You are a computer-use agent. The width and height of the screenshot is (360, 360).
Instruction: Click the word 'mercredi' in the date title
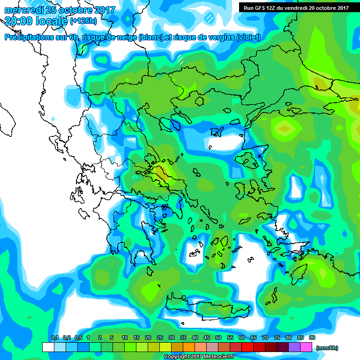(23, 9)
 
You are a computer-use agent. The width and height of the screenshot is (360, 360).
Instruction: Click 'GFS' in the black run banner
(261, 7)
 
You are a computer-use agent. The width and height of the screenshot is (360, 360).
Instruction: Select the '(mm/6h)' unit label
(327, 347)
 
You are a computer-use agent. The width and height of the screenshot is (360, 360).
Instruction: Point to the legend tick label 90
(312, 337)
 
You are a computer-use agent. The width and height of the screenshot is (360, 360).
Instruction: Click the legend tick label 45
(207, 337)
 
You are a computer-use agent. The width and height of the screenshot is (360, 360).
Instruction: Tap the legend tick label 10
(125, 337)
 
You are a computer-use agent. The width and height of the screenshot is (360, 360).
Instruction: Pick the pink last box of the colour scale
(306, 347)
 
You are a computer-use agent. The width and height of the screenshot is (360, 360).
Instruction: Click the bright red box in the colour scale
(247, 347)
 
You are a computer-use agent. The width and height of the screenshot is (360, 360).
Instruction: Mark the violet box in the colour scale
(294, 347)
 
